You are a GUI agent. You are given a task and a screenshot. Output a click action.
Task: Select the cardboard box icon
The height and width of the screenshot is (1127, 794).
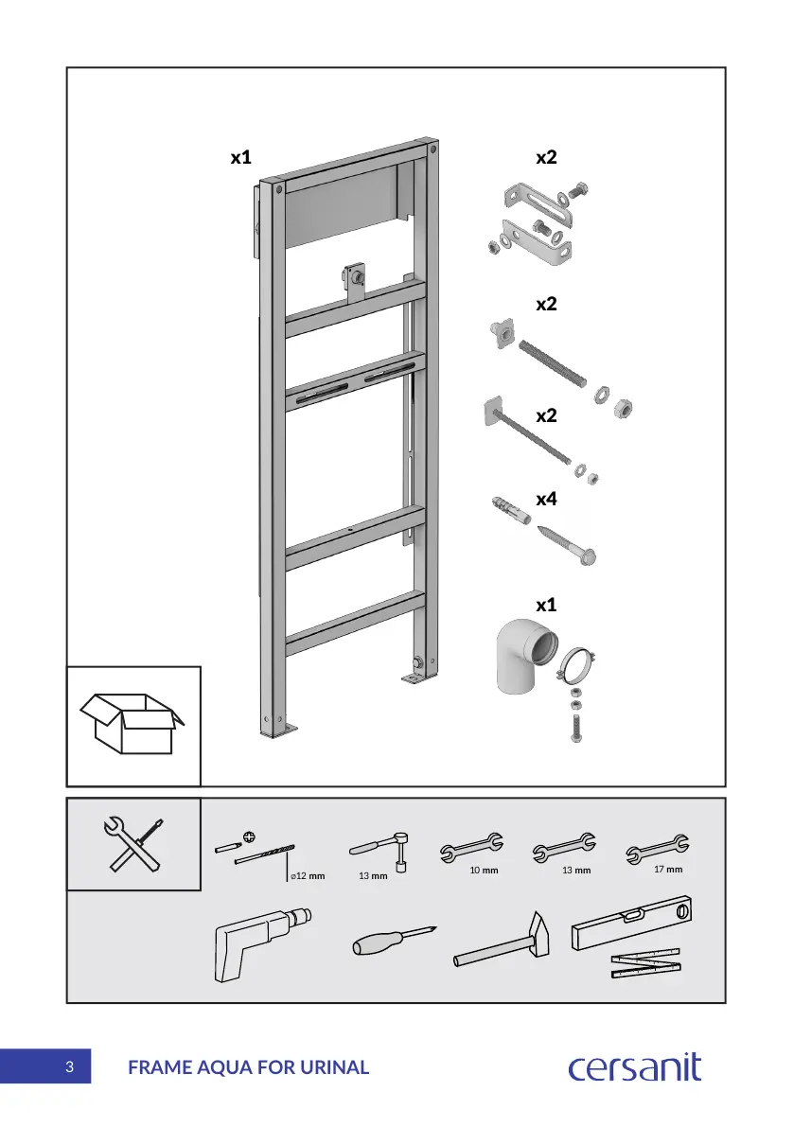coord(132,725)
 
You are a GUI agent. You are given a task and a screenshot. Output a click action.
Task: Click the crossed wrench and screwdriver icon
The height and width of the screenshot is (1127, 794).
coord(133,844)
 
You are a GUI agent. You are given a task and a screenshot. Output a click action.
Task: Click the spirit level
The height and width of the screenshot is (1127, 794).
coord(633,922)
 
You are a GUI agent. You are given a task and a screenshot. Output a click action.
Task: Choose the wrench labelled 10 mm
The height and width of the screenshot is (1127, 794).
coord(471,850)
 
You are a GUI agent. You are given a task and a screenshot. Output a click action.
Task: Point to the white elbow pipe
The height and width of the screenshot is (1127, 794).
coord(520,659)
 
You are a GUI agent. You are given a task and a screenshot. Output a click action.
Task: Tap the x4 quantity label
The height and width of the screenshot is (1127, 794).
coord(546,500)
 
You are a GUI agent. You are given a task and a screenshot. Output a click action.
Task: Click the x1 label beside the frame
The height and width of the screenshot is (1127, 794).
coord(241,157)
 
